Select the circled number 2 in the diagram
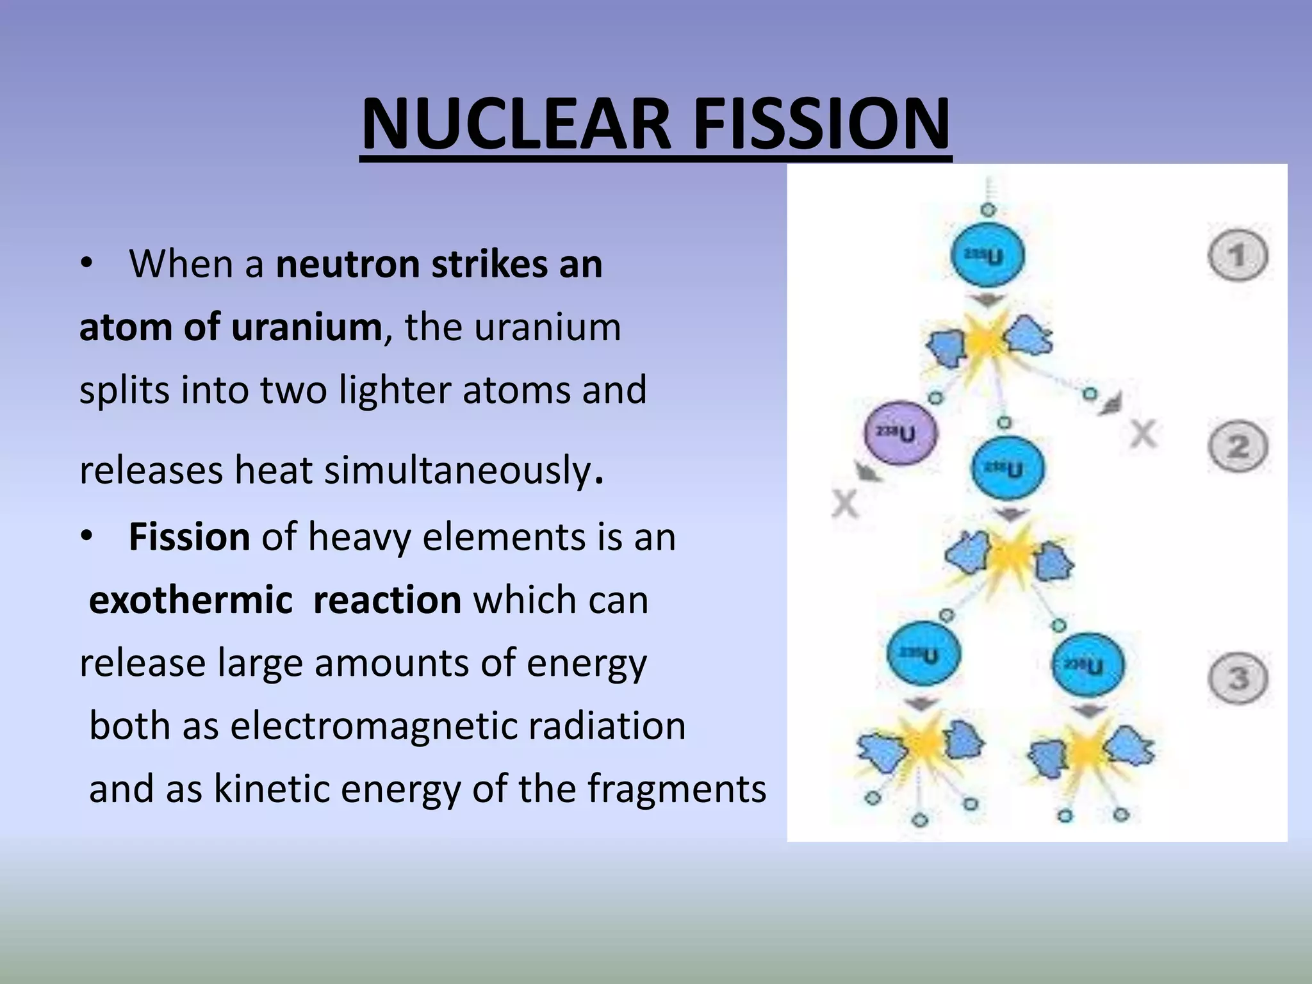click(1238, 447)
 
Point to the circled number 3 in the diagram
click(1238, 678)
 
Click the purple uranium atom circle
click(900, 434)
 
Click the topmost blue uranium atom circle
click(987, 256)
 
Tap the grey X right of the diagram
click(1144, 435)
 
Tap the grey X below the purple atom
click(845, 504)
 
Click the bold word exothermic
click(191, 600)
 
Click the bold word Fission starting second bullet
click(189, 537)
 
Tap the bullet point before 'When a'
click(87, 264)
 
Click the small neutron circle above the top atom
click(988, 210)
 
